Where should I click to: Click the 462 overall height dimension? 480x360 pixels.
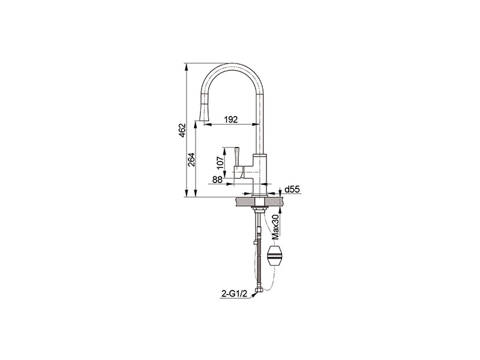[183, 130]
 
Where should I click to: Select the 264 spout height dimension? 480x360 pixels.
[191, 159]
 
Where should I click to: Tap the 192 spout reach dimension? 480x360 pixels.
[231, 119]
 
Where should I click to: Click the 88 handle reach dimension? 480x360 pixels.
[217, 179]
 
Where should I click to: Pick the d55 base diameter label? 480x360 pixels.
[292, 190]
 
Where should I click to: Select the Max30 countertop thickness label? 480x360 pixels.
[276, 227]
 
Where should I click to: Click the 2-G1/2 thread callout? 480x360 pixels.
[234, 294]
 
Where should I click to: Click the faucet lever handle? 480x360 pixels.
[237, 158]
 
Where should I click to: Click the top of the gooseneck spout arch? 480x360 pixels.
[232, 64]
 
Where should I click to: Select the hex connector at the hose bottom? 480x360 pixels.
[260, 289]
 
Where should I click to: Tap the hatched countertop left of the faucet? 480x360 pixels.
[245, 202]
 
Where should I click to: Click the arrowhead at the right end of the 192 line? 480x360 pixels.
[256, 124]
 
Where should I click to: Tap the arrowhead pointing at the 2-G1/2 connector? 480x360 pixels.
[254, 295]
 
